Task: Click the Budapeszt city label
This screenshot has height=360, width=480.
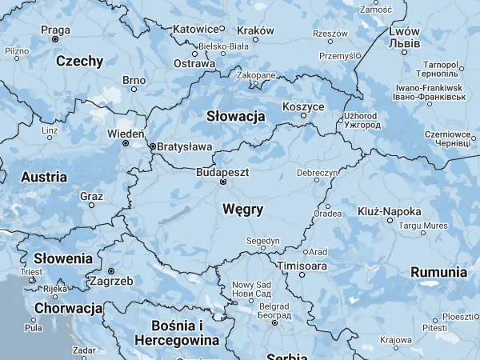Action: [x=223, y=171]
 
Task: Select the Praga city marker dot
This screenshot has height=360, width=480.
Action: [x=55, y=39]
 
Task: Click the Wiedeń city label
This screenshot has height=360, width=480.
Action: [x=126, y=134]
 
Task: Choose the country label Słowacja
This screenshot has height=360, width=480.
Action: [x=235, y=116]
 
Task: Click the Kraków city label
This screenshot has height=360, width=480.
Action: [x=257, y=30]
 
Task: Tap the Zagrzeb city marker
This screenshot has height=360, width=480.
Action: [x=111, y=271]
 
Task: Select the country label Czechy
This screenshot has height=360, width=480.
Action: [x=79, y=61]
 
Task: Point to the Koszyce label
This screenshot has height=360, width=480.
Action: [x=303, y=106]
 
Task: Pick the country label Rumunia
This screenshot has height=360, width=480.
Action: [x=438, y=272]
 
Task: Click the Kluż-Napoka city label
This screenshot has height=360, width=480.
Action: [x=390, y=211]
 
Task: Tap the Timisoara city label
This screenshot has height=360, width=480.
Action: [x=302, y=265]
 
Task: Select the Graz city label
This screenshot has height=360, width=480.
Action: [x=91, y=195]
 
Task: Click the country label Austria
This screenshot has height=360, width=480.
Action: [x=43, y=177]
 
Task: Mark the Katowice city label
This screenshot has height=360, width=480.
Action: [x=196, y=30]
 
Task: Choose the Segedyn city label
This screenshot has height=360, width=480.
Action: [x=262, y=240]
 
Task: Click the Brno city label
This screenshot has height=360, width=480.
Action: [x=134, y=80]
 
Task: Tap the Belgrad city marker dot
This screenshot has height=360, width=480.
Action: [x=274, y=322]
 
